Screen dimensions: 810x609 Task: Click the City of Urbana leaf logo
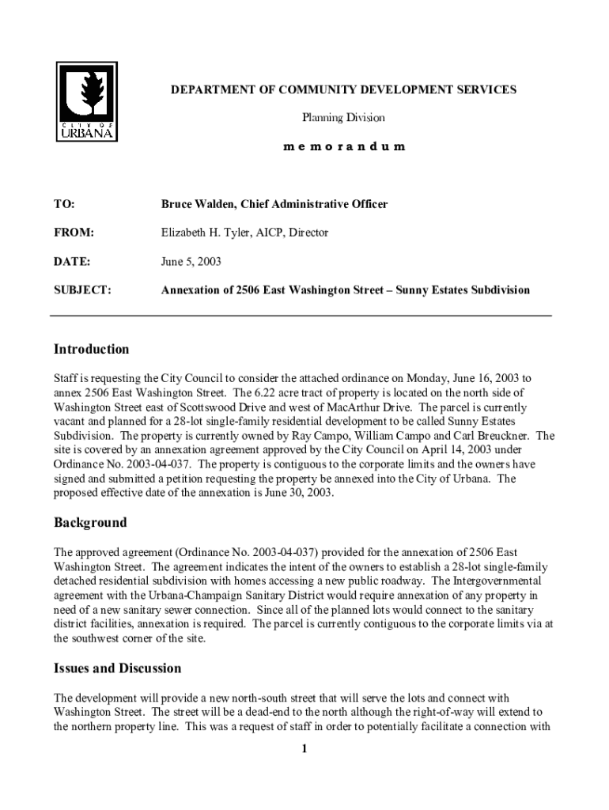(88, 102)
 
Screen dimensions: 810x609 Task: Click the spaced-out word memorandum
(343, 146)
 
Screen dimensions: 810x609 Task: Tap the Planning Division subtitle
(343, 118)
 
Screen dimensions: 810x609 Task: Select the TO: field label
(64, 204)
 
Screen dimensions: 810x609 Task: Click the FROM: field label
(74, 233)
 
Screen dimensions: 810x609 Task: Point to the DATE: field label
(71, 261)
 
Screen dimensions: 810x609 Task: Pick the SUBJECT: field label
(82, 290)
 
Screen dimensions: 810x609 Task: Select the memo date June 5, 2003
(191, 261)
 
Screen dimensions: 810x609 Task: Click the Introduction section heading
(91, 350)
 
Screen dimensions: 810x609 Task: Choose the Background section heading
(89, 523)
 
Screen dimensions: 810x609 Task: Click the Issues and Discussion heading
(117, 668)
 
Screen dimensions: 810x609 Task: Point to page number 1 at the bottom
(304, 750)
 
